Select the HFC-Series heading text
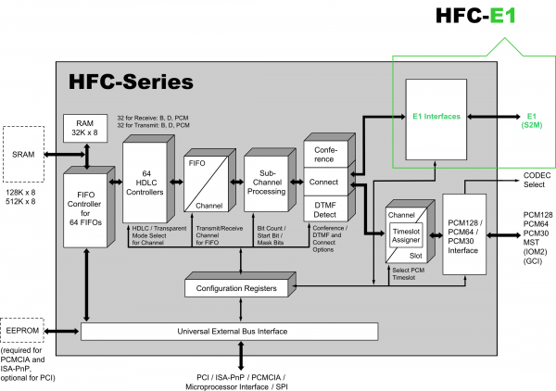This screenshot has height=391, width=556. [131, 82]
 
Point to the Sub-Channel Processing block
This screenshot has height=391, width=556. [267, 178]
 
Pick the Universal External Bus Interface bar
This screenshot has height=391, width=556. [230, 331]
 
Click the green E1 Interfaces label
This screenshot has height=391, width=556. [436, 118]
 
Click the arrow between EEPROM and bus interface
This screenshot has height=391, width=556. [68, 330]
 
